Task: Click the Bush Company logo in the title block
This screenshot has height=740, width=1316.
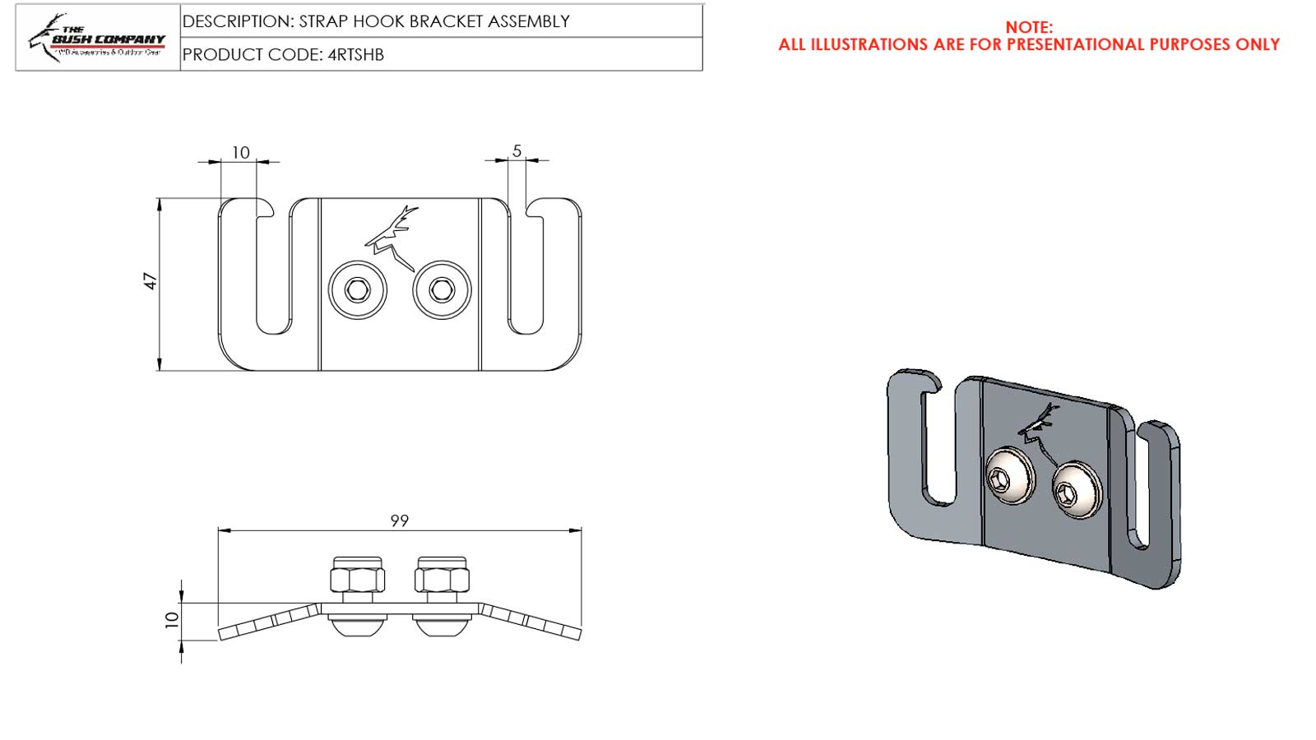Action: [x=97, y=37]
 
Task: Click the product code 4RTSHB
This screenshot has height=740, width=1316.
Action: [x=355, y=55]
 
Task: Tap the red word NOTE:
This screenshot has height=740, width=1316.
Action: [x=1028, y=27]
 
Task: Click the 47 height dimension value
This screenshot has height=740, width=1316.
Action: [x=151, y=281]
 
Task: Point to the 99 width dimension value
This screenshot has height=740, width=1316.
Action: [x=399, y=520]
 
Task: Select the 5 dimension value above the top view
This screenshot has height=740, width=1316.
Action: [x=517, y=150]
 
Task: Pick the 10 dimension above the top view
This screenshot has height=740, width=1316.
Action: [x=240, y=152]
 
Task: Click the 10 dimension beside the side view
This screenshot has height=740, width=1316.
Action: [x=172, y=619]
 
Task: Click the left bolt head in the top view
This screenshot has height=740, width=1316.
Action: [x=358, y=289]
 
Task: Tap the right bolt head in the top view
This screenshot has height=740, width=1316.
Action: [x=443, y=289]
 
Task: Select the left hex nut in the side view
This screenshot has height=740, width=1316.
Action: [x=358, y=576]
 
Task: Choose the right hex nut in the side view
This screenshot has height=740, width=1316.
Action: [x=442, y=576]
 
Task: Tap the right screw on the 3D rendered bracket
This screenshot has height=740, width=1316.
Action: [x=1076, y=490]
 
